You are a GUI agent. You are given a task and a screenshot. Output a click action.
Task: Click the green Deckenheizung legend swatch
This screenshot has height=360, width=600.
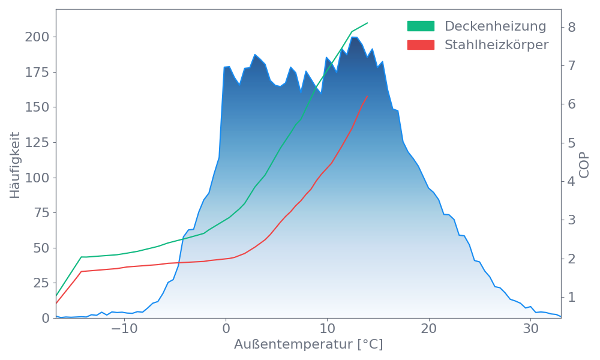coord(421,26)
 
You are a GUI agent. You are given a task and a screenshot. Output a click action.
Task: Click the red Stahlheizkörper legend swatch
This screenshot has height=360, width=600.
coord(421,45)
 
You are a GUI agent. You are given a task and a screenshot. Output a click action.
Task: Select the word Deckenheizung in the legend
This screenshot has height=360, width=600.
coord(495,26)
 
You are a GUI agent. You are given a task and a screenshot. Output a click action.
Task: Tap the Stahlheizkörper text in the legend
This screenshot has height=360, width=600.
coord(496,45)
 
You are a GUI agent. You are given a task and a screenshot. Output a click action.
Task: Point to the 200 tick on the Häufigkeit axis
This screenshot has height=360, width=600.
coord(37,37)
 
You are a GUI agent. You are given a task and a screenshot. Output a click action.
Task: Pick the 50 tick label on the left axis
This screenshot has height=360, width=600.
coord(41,248)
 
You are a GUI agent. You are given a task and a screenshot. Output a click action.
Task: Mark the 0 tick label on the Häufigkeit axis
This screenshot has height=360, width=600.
coord(46,318)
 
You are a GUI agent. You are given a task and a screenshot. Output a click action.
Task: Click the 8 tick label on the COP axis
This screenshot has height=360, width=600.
coord(572,27)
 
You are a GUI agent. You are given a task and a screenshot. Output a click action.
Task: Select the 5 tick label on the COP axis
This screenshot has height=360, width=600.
coord(572,143)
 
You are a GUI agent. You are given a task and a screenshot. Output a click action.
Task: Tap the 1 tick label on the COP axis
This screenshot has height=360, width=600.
coord(572,297)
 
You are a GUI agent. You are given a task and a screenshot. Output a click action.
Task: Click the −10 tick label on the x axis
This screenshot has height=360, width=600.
coord(124,329)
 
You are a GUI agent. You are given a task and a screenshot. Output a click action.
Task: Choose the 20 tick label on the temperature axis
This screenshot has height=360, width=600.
coord(428,329)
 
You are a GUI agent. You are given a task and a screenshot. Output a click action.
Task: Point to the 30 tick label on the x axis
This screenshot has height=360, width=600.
coord(530,329)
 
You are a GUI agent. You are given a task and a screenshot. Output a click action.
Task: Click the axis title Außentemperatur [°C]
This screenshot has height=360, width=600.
coord(308,345)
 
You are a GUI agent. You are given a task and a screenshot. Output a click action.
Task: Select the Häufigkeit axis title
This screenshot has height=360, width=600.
coord(16,164)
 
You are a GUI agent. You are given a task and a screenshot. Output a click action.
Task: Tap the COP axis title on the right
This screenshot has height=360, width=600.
coord(585,164)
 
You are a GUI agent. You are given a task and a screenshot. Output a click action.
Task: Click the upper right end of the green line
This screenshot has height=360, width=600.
coord(367,23)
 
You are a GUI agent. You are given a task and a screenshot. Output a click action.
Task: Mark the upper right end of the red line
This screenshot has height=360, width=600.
coord(367,96)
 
